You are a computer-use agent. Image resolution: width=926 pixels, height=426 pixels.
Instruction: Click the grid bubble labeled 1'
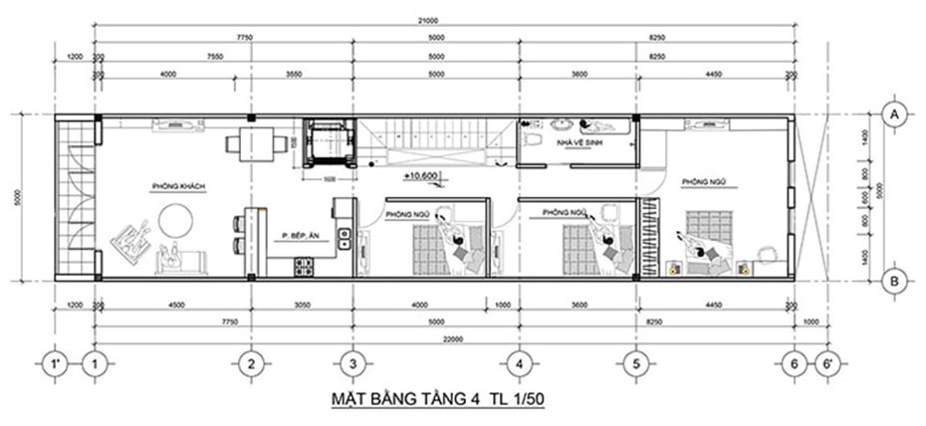pos(58,364)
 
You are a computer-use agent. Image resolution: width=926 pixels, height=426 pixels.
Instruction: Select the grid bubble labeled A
pos(895,114)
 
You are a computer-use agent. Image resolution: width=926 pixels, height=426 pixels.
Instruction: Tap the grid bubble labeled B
pos(895,282)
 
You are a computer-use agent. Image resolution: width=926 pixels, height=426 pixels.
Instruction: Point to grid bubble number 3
pos(351,364)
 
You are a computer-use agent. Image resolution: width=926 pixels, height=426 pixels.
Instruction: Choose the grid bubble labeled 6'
pos(824,364)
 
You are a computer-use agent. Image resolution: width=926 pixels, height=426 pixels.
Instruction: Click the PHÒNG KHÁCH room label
pos(172,185)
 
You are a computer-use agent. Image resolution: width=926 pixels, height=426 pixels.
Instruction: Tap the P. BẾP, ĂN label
pos(300,237)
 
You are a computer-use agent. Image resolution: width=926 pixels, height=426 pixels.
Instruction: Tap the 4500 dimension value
pos(173,305)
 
